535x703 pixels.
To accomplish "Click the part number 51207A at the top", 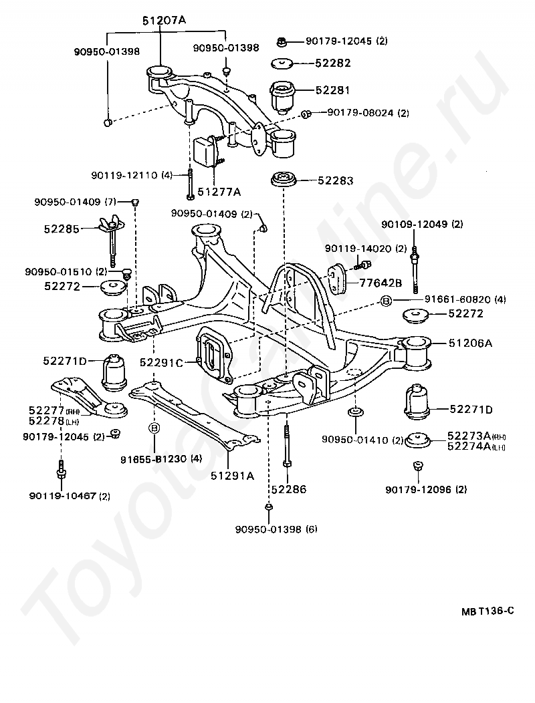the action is pyautogui.click(x=165, y=20).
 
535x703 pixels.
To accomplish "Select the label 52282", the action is pyautogui.click(x=333, y=63).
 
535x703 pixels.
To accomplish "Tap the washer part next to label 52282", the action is pyautogui.click(x=282, y=63).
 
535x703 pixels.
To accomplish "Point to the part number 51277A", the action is pyautogui.click(x=219, y=192).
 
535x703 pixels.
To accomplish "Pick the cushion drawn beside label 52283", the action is pyautogui.click(x=284, y=180).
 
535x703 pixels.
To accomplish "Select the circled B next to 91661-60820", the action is pyautogui.click(x=386, y=301).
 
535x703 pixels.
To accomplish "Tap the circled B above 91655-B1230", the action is pyautogui.click(x=154, y=428).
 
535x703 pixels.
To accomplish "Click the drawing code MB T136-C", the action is pyautogui.click(x=488, y=611).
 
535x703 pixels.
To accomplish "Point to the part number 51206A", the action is pyautogui.click(x=470, y=343).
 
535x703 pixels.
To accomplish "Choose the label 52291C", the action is pyautogui.click(x=162, y=362).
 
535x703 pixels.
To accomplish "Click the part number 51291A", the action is pyautogui.click(x=233, y=476).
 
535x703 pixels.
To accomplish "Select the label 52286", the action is pyautogui.click(x=289, y=489).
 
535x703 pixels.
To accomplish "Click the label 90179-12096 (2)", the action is pyautogui.click(x=426, y=490).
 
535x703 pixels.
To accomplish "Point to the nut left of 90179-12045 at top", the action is pyautogui.click(x=281, y=41).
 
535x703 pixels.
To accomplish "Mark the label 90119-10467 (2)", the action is pyautogui.click(x=70, y=496).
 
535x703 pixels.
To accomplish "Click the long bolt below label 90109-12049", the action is pyautogui.click(x=416, y=269).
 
